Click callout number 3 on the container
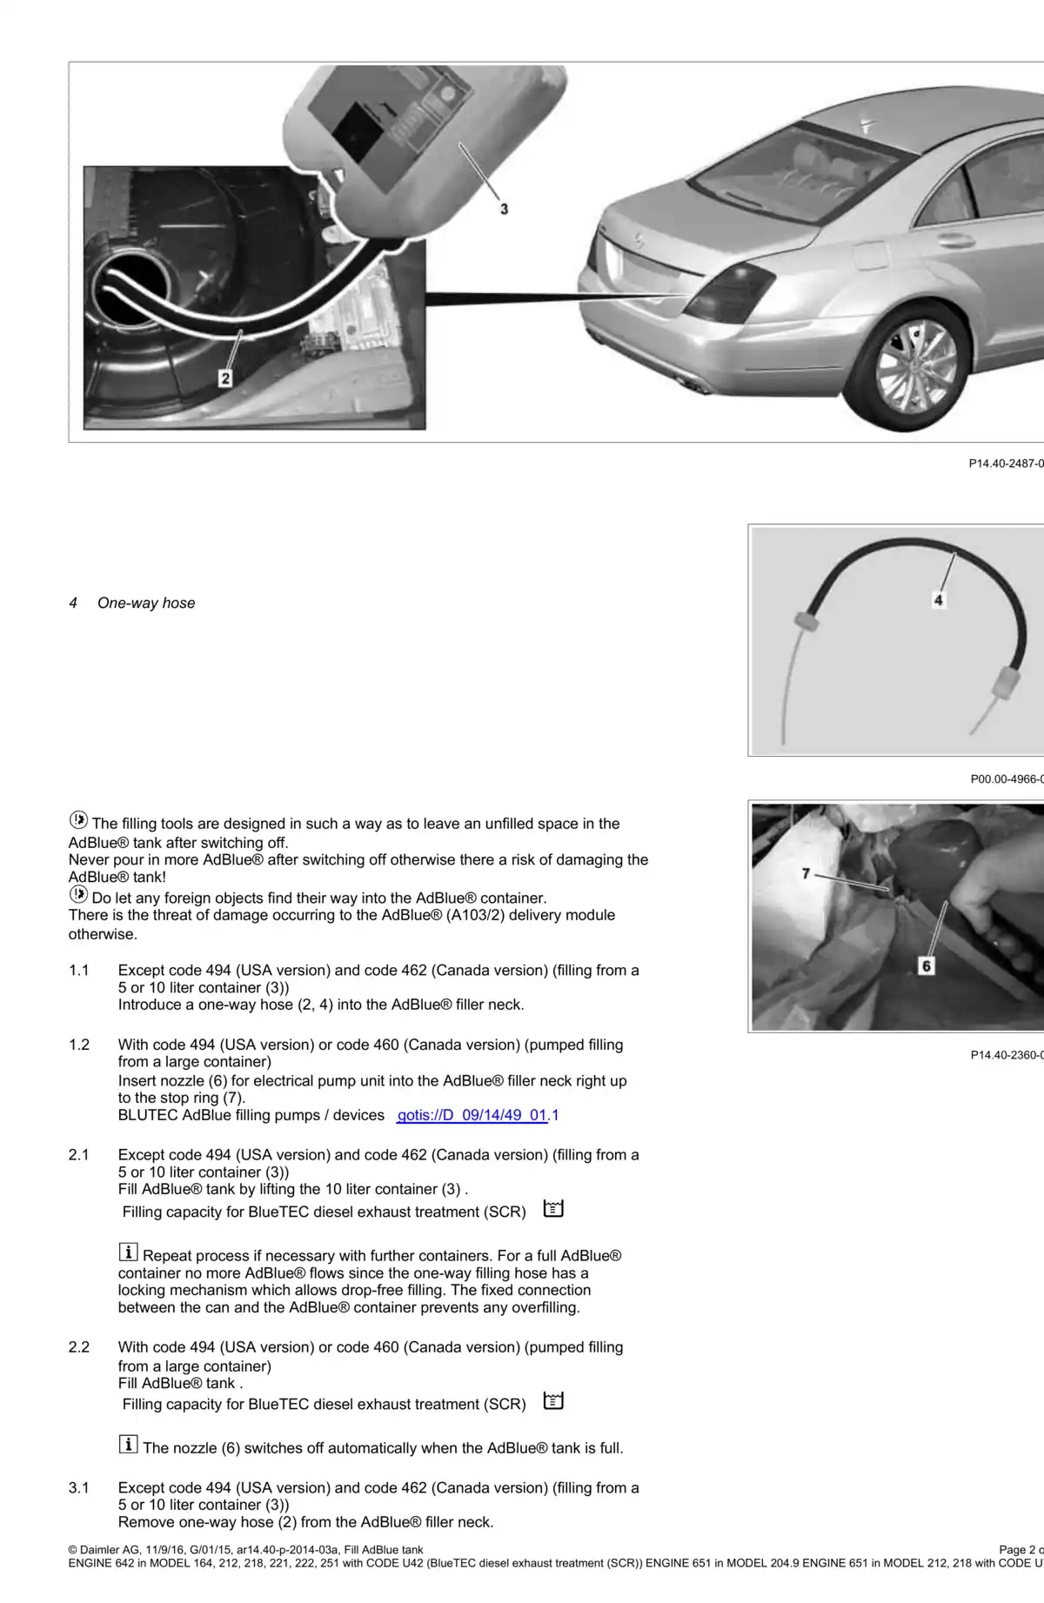coord(504,209)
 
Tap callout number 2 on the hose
coord(225,377)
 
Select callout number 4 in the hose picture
coord(938,599)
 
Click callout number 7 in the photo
coord(806,873)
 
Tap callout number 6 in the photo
coord(926,965)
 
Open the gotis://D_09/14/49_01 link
coord(472,1115)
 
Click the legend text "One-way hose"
coord(146,603)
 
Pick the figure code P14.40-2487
coord(1005,464)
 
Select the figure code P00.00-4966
coord(1006,779)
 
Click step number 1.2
coord(79,1045)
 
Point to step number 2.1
coord(79,1155)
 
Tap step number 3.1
coord(79,1487)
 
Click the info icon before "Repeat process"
coord(128,1252)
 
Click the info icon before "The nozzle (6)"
coord(128,1445)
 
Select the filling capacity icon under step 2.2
coord(553,1401)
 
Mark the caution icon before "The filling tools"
coord(78,820)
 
